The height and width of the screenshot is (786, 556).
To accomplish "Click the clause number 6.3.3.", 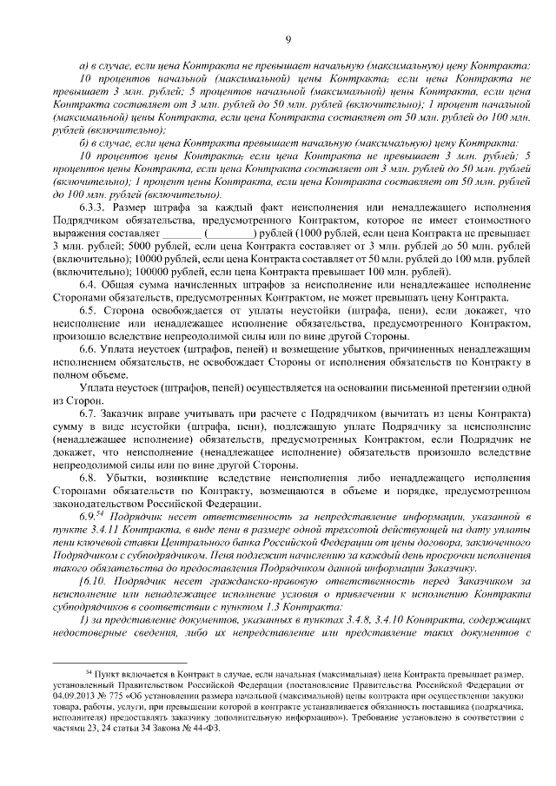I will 93,208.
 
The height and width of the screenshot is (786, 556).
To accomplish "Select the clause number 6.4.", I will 88,284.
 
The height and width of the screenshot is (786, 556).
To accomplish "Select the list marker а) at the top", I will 83,66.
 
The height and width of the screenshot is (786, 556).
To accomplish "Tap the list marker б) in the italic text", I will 83,142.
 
